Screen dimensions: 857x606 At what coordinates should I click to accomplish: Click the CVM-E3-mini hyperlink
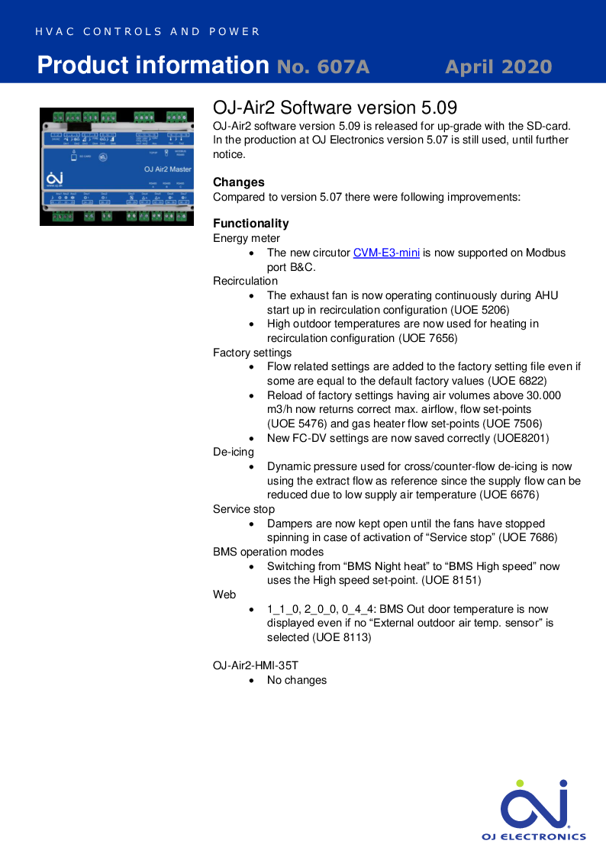coord(386,253)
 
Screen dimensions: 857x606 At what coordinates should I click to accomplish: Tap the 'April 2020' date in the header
coord(498,67)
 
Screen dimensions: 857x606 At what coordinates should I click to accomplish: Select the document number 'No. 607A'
coord(323,67)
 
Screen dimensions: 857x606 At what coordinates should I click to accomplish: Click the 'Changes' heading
coord(238,182)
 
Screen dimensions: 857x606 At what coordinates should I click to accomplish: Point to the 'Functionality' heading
coord(250,224)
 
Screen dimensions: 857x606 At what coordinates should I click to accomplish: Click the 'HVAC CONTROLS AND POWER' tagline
coord(147,32)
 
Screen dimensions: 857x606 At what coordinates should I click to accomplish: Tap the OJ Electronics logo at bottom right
coord(533,810)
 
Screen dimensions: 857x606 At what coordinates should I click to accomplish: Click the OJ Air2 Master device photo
coord(116,166)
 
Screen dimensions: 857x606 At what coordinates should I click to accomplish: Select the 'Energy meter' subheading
coord(246,238)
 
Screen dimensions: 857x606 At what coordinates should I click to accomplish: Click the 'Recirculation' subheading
coord(245,281)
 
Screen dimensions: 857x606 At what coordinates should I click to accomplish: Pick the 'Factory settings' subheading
coord(252,353)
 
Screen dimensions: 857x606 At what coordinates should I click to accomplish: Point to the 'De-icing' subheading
coord(233,452)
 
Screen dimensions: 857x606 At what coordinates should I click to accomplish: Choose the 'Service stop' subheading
coord(243,509)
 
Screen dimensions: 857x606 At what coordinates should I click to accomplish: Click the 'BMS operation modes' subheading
coord(268,552)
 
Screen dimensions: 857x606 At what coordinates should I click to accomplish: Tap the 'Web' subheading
coord(224,594)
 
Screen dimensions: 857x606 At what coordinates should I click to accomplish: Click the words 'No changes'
coord(296,680)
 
